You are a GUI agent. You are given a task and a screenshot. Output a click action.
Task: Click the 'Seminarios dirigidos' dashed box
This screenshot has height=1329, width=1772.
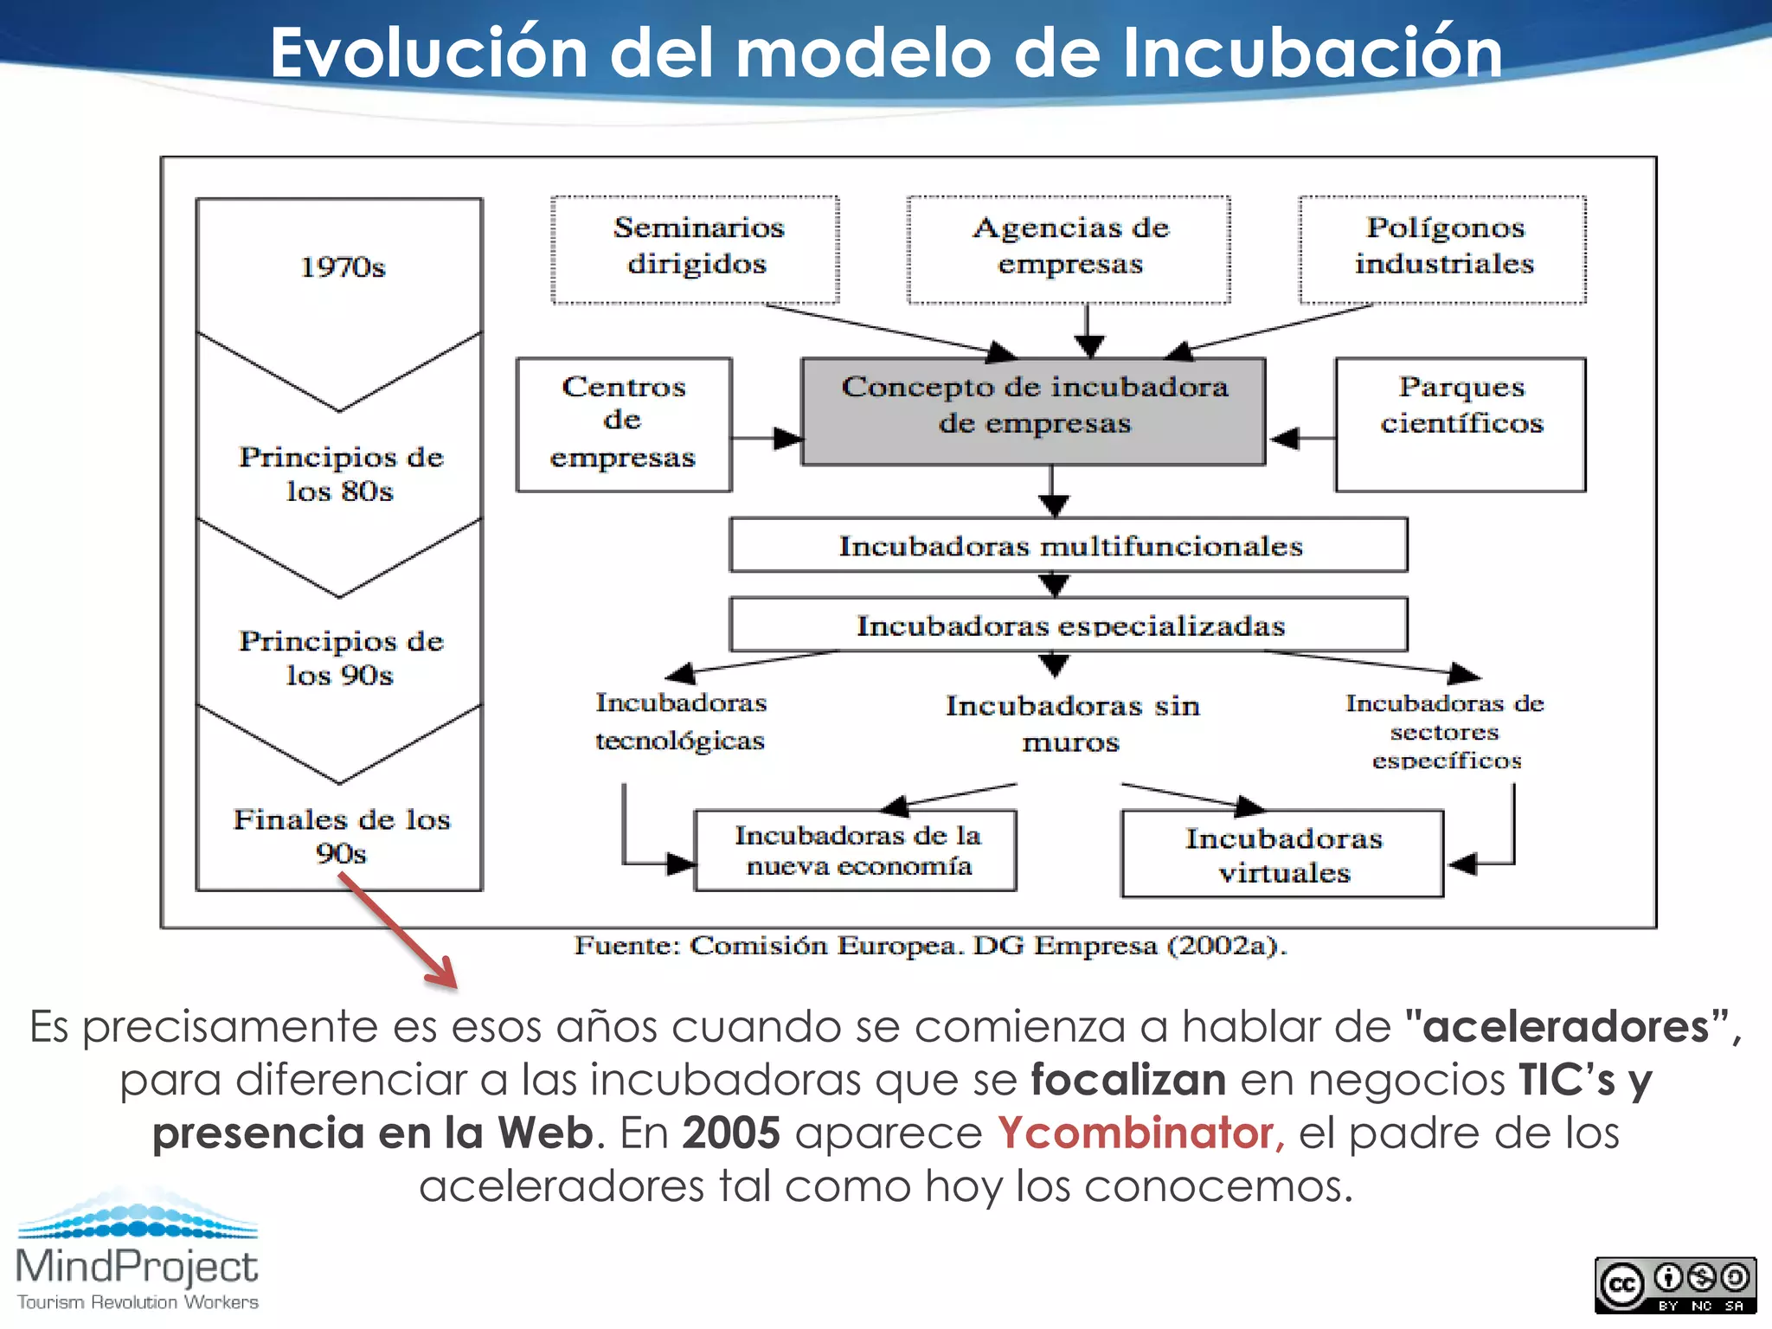[696, 249]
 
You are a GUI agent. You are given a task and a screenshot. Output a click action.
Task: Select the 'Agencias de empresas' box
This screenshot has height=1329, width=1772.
[1069, 249]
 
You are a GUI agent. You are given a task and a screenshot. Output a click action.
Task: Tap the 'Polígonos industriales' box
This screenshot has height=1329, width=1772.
[1442, 249]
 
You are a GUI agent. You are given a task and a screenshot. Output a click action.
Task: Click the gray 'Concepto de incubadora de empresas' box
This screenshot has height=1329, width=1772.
[1033, 411]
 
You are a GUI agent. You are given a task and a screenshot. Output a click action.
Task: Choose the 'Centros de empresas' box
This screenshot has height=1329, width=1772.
[623, 424]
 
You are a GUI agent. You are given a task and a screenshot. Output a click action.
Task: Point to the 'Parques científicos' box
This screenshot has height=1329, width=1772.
[1461, 424]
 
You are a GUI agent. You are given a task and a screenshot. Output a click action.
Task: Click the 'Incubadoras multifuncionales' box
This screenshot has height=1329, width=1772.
[1069, 545]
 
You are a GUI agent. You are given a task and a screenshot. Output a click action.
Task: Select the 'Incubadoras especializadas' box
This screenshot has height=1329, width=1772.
[1069, 624]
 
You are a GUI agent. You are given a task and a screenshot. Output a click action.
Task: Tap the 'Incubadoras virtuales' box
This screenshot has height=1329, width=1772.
[1282, 854]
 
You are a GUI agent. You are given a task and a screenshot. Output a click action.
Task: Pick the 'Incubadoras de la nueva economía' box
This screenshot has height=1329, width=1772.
[856, 851]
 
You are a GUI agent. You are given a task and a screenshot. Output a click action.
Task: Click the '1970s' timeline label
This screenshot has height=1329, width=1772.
[343, 267]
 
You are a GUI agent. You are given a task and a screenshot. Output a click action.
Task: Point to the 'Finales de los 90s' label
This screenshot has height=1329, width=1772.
[341, 836]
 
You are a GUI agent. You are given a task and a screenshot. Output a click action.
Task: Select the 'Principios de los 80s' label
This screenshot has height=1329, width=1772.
[341, 473]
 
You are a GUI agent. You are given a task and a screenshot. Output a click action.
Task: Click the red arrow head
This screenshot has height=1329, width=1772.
[443, 974]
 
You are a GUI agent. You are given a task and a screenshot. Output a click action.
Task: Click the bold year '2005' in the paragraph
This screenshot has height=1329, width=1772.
[731, 1133]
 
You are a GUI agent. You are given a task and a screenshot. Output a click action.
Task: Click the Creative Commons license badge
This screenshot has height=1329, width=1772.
[1675, 1286]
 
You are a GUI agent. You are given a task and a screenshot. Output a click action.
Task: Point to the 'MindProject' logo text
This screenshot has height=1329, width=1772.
[137, 1267]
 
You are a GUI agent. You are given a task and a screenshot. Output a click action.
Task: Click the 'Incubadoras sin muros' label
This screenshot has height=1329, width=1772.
[1071, 723]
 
